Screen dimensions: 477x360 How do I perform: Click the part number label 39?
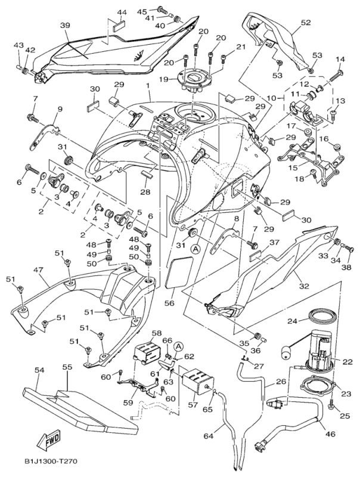click(x=65, y=25)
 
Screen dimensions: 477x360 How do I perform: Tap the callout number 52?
click(x=306, y=23)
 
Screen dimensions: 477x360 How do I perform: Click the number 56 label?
click(x=169, y=303)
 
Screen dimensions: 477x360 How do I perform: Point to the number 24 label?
click(x=293, y=321)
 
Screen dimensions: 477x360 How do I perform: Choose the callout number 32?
click(x=304, y=286)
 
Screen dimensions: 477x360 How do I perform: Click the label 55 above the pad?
click(x=67, y=367)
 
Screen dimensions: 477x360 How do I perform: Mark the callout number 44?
click(x=122, y=13)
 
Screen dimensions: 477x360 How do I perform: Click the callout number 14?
click(x=340, y=59)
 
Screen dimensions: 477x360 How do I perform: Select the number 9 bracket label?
click(x=60, y=109)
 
